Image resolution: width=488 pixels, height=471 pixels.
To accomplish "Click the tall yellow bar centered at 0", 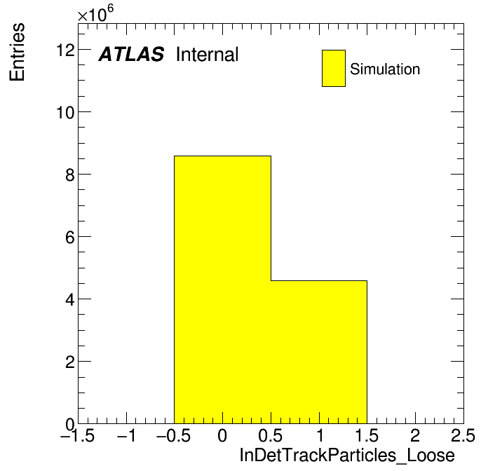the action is (x=222, y=289).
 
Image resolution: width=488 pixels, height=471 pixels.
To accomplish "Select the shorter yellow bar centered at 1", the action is (x=319, y=352).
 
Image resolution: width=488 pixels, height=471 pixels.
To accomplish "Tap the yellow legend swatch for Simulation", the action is (x=334, y=68).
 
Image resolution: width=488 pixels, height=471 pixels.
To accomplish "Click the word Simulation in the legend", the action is (x=385, y=69).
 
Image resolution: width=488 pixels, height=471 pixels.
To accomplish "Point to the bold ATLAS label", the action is (x=131, y=54).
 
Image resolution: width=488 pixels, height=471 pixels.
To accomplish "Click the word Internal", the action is (x=208, y=54).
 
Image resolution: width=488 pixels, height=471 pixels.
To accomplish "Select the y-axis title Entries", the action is (x=17, y=53).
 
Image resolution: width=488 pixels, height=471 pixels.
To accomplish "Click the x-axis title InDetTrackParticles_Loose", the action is (x=347, y=456).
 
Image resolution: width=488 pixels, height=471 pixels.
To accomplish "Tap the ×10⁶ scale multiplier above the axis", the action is (x=95, y=13).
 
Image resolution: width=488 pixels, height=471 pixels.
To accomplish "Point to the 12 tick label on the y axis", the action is (x=66, y=50).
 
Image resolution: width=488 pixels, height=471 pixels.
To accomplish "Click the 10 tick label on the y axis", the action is (x=66, y=112).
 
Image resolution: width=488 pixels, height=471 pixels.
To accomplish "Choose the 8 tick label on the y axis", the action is (x=70, y=175).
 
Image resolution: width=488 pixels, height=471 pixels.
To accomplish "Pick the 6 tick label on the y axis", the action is (x=70, y=237).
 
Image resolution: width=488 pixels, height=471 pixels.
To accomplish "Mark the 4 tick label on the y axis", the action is (x=70, y=299).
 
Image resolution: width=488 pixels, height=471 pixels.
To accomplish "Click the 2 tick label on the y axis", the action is (x=70, y=362).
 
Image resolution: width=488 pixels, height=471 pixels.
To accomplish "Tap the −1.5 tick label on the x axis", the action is (x=78, y=435).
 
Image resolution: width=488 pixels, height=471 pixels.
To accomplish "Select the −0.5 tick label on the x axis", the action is (x=174, y=435).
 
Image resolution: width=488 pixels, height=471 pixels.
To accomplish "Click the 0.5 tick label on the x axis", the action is (x=271, y=435).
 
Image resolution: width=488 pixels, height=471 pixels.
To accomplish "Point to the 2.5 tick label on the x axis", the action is (x=463, y=435).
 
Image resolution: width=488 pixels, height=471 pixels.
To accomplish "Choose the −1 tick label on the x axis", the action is (x=126, y=435).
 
